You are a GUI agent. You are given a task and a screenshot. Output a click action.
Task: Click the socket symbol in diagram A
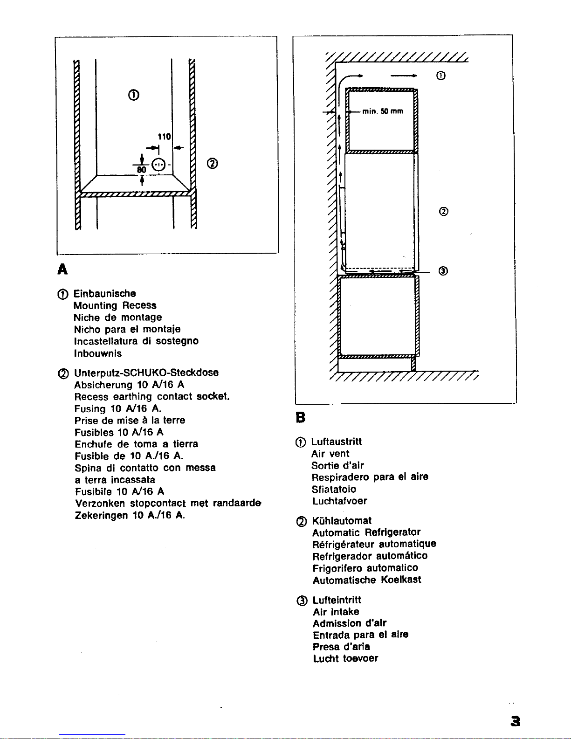(158, 165)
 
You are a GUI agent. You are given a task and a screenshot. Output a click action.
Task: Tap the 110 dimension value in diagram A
(164, 137)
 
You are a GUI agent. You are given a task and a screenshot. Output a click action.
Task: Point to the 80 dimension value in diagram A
(141, 169)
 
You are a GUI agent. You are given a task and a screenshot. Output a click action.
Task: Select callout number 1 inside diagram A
(134, 95)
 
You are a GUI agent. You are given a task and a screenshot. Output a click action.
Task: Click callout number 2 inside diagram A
(213, 164)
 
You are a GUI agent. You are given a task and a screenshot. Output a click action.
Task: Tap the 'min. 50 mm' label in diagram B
(383, 111)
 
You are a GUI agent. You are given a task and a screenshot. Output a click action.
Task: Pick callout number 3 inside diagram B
(443, 271)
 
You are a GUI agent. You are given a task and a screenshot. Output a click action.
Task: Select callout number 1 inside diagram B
(441, 76)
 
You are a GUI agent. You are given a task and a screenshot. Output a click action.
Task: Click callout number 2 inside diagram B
(444, 212)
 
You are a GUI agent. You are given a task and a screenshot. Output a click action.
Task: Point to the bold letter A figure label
(62, 269)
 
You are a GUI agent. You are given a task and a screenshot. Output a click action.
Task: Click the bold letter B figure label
(301, 417)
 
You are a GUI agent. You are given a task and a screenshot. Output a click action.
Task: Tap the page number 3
(516, 721)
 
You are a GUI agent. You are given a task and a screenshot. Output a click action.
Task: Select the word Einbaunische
(105, 293)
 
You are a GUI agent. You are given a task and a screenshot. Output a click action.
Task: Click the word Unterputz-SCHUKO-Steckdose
(146, 373)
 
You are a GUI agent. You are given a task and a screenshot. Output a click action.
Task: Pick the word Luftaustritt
(337, 442)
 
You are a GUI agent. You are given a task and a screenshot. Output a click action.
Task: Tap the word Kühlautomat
(342, 521)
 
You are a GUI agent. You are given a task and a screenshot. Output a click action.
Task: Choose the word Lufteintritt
(337, 600)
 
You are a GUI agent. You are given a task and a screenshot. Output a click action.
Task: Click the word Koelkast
(401, 580)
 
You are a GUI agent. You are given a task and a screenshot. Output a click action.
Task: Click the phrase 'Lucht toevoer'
(345, 658)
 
